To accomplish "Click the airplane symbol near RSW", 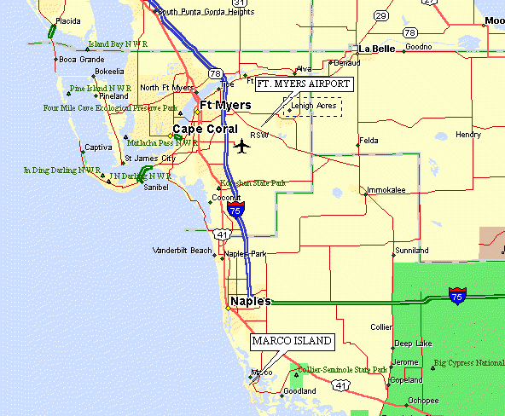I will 243,146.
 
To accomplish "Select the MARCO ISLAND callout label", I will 291,342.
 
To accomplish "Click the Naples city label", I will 250,301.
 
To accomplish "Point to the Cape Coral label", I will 205,130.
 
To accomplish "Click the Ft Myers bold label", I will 225,105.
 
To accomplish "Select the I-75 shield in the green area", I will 457,296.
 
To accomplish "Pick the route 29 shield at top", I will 381,16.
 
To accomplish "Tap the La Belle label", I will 377,49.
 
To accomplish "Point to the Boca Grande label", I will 81,60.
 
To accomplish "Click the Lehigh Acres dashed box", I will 313,107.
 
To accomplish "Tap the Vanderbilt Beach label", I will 181,251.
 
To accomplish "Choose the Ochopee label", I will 423,400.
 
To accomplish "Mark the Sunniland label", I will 411,251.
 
